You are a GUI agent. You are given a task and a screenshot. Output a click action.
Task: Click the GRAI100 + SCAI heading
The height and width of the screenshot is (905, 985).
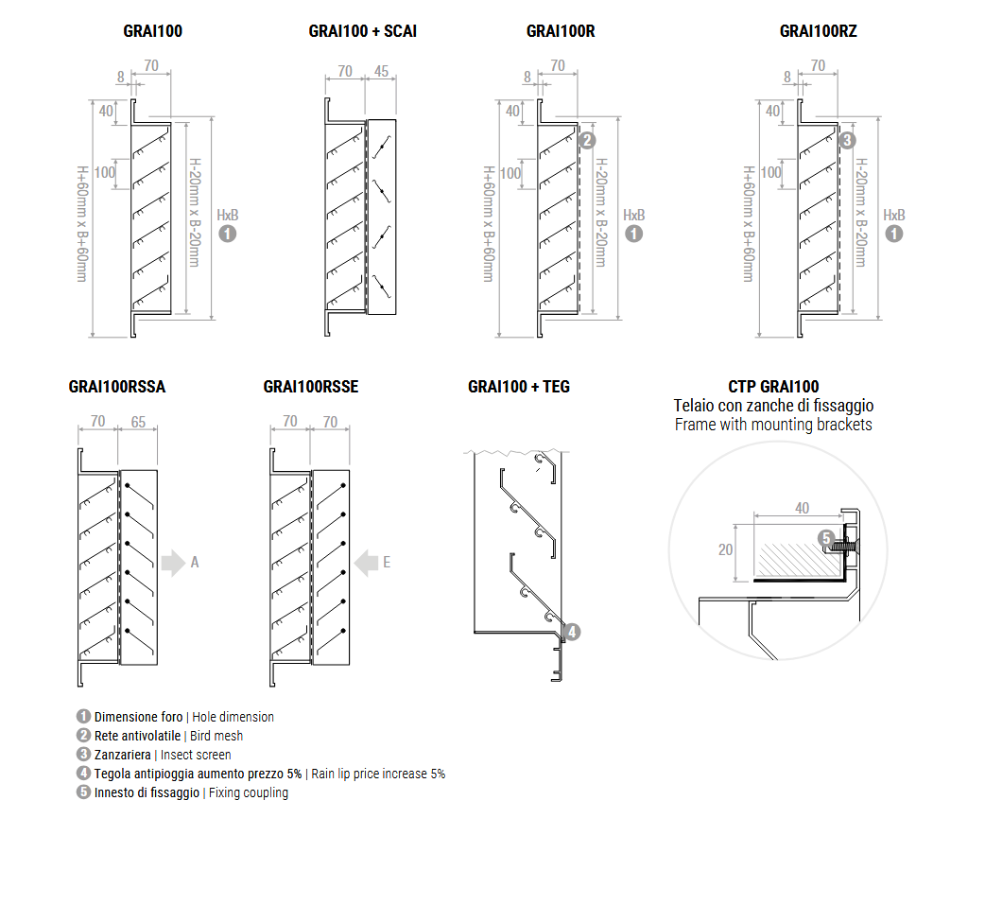click(x=362, y=31)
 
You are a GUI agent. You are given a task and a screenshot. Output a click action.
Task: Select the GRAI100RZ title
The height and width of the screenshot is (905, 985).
click(x=818, y=31)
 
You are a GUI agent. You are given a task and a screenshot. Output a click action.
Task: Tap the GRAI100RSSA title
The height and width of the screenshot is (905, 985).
click(x=117, y=387)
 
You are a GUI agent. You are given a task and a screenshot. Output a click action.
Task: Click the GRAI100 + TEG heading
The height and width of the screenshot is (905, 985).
click(x=518, y=387)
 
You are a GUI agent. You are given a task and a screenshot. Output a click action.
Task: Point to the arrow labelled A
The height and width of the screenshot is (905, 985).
click(x=173, y=563)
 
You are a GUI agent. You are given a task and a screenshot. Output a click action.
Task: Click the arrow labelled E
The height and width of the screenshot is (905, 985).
click(x=366, y=563)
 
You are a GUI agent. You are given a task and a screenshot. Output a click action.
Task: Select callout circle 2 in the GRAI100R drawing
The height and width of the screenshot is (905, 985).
click(x=586, y=141)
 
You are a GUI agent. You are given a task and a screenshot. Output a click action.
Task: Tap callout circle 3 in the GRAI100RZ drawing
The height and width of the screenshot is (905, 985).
click(x=847, y=140)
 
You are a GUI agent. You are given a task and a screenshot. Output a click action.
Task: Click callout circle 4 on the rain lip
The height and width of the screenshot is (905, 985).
click(x=572, y=632)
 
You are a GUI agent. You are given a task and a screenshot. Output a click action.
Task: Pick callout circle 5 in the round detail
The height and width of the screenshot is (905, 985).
click(x=825, y=538)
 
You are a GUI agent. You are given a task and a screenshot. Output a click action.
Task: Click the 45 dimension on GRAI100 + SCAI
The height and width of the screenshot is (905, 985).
click(x=381, y=71)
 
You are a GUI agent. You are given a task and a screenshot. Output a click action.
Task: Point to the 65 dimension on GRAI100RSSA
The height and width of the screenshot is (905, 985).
click(x=138, y=422)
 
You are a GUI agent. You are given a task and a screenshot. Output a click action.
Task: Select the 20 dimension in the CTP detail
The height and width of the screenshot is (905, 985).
click(x=725, y=549)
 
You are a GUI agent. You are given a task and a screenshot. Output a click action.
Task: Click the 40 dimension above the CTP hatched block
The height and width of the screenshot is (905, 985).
click(x=802, y=508)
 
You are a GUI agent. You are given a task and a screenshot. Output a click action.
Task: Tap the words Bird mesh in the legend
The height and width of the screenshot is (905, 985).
click(x=216, y=736)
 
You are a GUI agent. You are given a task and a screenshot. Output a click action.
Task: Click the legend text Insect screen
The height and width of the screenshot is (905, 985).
click(x=196, y=755)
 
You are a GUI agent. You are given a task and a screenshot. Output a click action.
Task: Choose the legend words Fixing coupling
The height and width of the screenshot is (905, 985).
click(x=249, y=792)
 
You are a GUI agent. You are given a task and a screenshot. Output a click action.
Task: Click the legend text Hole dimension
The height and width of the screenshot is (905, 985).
click(x=233, y=717)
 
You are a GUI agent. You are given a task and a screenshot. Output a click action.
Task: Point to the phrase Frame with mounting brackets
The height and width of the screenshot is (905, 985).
click(x=773, y=425)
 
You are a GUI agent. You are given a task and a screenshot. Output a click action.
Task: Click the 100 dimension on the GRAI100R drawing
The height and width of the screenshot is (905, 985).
click(x=510, y=173)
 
